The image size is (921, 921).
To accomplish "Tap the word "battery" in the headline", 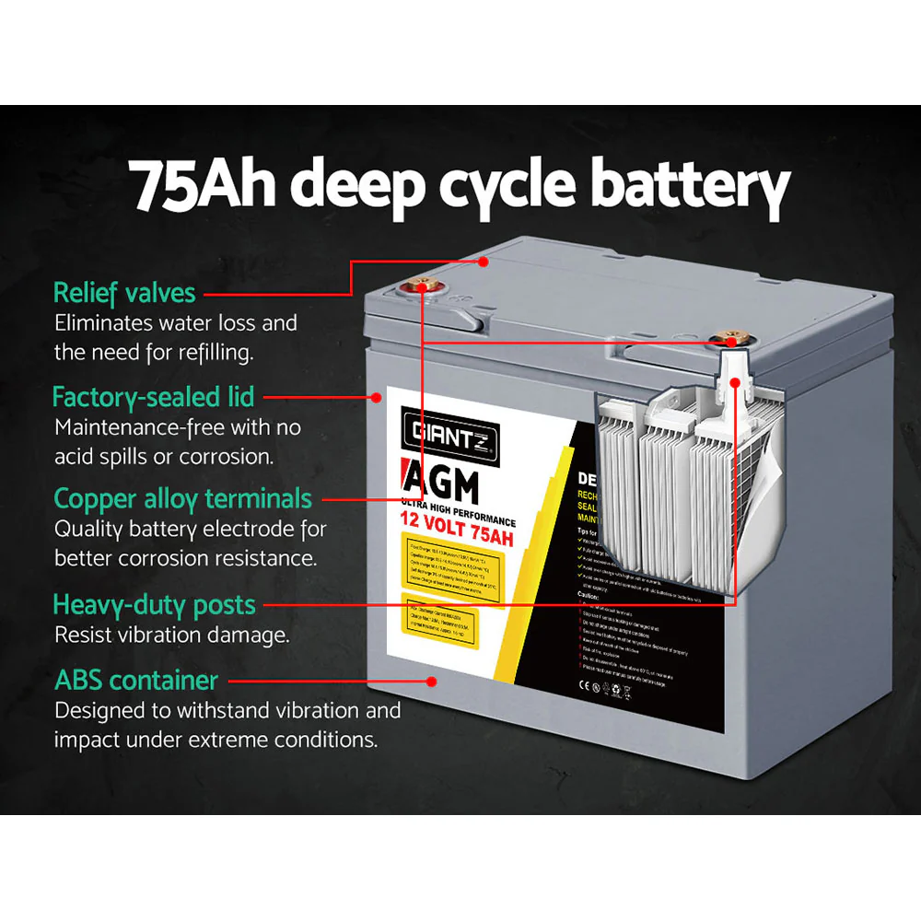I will coord(690,187).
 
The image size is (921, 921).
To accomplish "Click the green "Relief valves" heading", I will coord(124,293).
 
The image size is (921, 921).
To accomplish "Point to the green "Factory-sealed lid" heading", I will coord(153,397).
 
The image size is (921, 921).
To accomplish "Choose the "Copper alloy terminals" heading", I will coord(182,499).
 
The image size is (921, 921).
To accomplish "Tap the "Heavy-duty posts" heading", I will coord(154,605).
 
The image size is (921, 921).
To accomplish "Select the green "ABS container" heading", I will coord(136,681).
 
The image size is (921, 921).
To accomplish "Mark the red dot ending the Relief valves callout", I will coord(482,261).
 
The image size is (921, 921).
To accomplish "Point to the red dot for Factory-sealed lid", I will coord(377,398).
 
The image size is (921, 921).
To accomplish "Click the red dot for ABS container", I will coord(430,682).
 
